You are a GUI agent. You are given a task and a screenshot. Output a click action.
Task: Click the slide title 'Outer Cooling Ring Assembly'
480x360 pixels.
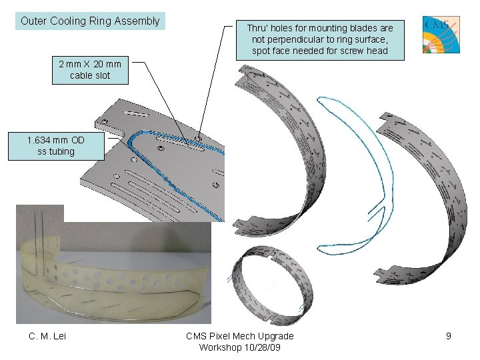click(90, 21)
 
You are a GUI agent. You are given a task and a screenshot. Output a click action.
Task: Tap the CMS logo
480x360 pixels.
click(441, 35)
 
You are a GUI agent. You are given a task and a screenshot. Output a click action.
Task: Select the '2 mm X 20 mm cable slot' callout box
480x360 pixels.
click(90, 70)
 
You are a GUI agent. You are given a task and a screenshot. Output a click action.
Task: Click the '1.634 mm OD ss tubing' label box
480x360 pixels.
click(56, 146)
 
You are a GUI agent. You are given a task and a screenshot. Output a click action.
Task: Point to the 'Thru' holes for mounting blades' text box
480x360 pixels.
click(320, 39)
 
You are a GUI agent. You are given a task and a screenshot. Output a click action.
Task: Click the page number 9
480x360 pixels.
click(449, 336)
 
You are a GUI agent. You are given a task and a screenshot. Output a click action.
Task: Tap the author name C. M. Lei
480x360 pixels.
click(47, 336)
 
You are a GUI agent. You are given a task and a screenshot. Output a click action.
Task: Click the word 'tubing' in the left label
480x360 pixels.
click(61, 152)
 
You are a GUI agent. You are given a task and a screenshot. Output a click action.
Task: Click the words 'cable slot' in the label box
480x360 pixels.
click(90, 75)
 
